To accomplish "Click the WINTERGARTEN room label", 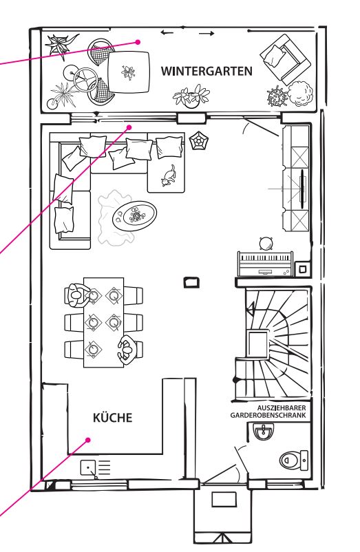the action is [207, 71].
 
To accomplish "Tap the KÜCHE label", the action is [113, 417].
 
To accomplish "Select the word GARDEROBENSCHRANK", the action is [268, 416].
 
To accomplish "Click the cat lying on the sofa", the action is [169, 176].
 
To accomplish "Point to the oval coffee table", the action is [135, 216].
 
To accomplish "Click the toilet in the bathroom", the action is [294, 460].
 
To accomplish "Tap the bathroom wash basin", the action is [262, 432].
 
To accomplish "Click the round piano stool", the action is [266, 244].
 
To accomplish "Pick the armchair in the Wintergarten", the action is [286, 59].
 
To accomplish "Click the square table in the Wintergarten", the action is [128, 72].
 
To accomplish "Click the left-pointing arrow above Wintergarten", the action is [167, 33].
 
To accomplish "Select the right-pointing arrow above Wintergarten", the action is [207, 34].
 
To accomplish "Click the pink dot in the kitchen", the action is [88, 440].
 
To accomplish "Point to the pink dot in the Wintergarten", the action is [138, 42].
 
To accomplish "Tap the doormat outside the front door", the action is [224, 500].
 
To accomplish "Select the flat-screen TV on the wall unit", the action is [302, 189].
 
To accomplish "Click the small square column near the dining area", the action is [191, 282].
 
